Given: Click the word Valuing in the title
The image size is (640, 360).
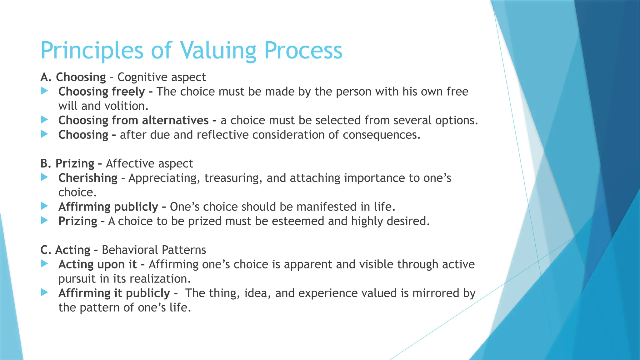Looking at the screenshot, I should [x=218, y=51].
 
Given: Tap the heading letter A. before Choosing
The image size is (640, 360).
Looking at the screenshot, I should [x=46, y=77].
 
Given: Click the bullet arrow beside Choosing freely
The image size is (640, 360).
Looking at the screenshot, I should [x=45, y=91].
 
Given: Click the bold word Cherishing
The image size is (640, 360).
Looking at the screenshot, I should [x=88, y=178].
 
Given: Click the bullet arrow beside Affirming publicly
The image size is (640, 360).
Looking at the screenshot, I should [x=45, y=206].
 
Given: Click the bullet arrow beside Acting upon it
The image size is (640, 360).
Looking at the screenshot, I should [x=45, y=264].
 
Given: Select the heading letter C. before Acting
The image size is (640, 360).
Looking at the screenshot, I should [x=46, y=250].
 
